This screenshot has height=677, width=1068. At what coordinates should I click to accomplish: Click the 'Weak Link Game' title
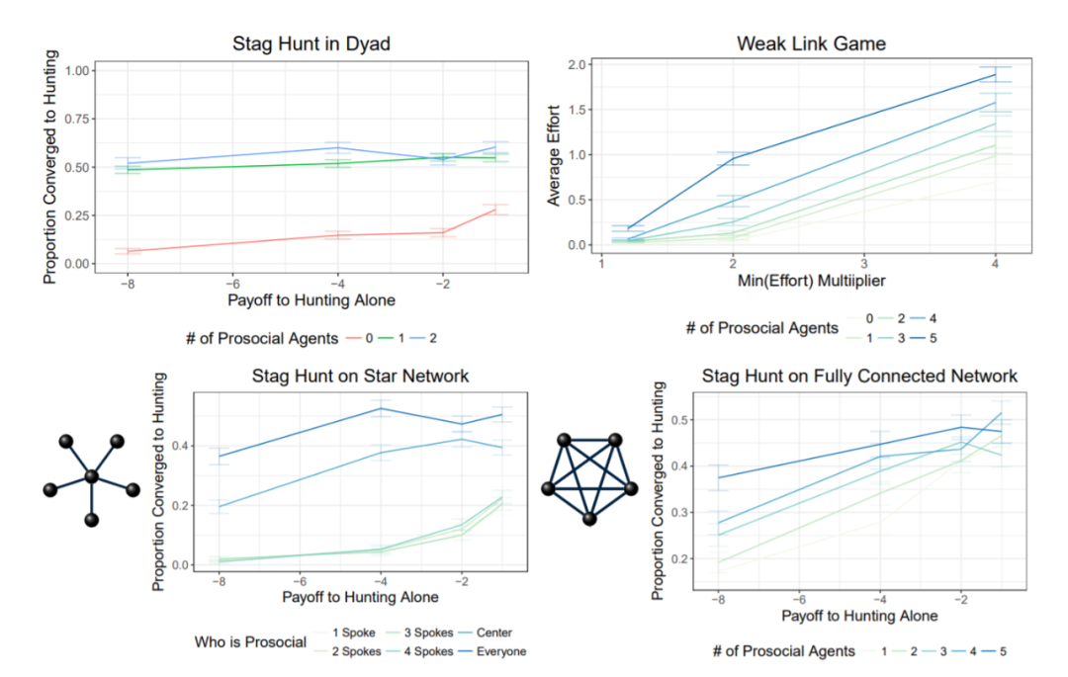point(797,43)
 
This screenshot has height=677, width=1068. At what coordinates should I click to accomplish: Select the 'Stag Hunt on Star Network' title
point(360,376)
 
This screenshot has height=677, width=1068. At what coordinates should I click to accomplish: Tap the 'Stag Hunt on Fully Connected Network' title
point(859,377)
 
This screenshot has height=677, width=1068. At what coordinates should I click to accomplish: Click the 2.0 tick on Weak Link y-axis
point(578,64)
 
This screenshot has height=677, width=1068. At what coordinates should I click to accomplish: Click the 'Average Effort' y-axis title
point(555,155)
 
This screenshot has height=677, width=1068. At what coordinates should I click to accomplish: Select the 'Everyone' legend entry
point(501,650)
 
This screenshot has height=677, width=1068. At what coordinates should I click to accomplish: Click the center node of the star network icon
point(92,477)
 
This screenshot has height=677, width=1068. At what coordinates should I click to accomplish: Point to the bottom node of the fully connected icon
point(589,519)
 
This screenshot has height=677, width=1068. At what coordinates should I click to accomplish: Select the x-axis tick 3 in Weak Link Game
point(862,265)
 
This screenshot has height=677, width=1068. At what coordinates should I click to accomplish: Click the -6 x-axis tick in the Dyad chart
point(231,283)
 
